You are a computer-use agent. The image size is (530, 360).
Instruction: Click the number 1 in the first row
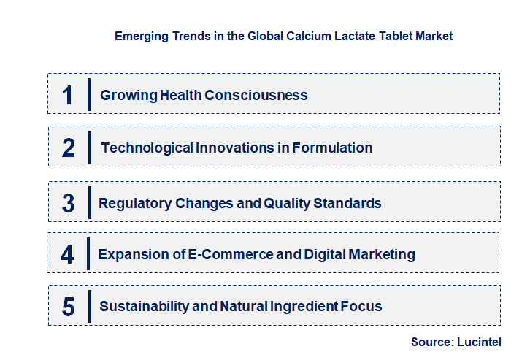click(x=67, y=95)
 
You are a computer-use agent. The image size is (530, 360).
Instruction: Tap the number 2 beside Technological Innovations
click(x=69, y=148)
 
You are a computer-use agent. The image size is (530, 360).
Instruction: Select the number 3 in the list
click(x=68, y=203)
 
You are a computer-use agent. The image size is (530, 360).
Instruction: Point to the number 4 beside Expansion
click(x=67, y=254)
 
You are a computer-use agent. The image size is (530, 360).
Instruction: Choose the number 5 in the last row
click(x=68, y=307)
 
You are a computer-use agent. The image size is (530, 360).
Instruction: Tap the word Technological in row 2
click(x=147, y=148)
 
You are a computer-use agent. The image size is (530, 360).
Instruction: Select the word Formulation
click(x=332, y=148)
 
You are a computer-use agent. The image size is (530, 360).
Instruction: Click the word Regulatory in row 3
click(x=135, y=203)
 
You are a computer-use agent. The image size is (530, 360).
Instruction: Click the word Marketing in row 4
click(x=377, y=254)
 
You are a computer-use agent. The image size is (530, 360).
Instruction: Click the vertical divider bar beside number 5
click(x=88, y=305)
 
